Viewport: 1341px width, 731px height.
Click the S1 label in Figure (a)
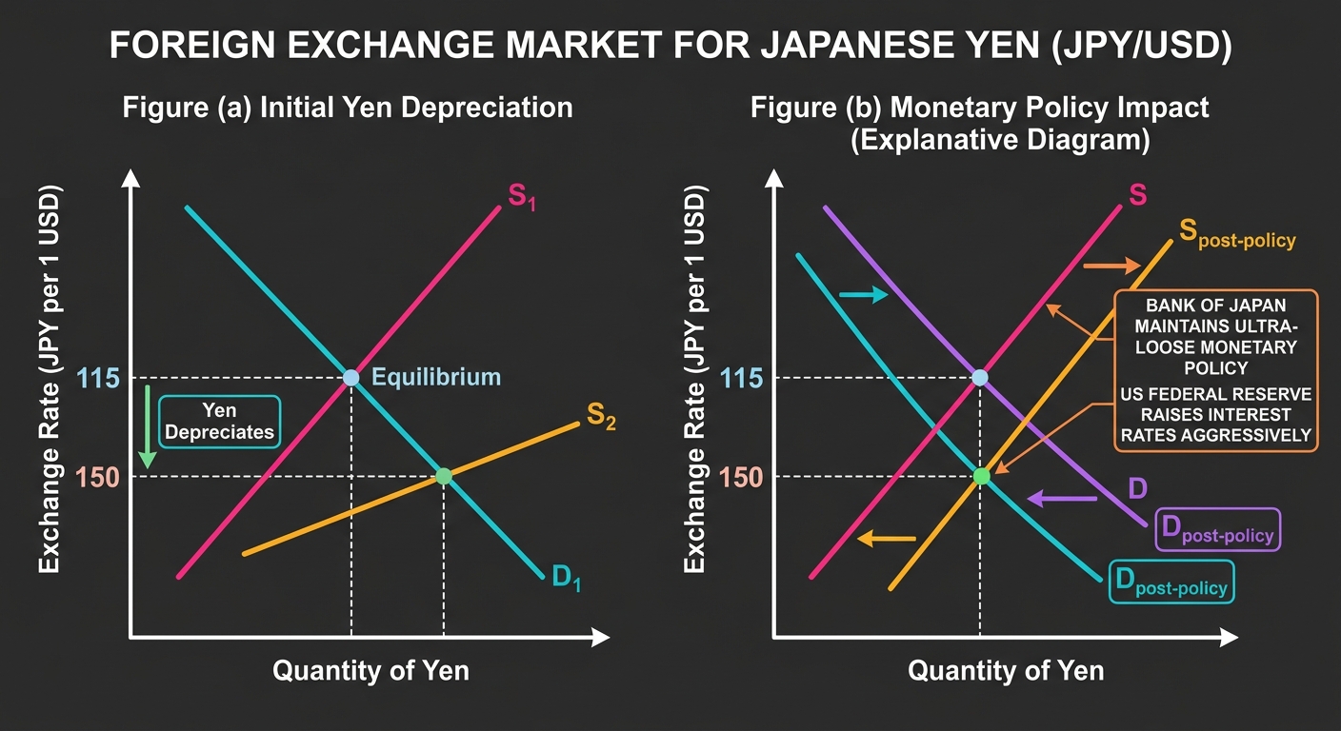521,197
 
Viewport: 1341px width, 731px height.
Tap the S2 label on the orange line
601,416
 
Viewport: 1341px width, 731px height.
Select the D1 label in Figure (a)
567,578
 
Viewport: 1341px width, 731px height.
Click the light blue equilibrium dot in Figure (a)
350,378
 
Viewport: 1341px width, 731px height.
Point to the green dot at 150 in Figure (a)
444,476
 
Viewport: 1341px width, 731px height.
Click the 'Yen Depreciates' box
220,422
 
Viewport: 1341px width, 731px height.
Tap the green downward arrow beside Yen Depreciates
148,426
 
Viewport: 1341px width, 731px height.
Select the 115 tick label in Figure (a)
98,379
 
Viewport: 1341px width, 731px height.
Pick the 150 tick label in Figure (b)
741,478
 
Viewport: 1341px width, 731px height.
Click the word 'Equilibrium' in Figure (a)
436,377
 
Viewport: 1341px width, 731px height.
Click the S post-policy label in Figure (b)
1237,234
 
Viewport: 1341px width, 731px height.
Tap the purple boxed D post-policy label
1218,529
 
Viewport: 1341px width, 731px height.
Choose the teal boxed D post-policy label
1171,582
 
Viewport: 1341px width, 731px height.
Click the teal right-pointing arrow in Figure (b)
863,294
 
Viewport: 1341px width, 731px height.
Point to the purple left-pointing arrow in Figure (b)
1062,499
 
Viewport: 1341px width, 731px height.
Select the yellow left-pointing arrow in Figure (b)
887,539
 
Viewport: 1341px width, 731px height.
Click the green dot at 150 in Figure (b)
982,476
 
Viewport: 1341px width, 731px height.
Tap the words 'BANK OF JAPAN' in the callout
1216,306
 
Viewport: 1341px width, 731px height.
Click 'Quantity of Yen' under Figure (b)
1006,671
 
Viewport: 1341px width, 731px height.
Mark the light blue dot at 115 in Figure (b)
980,378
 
